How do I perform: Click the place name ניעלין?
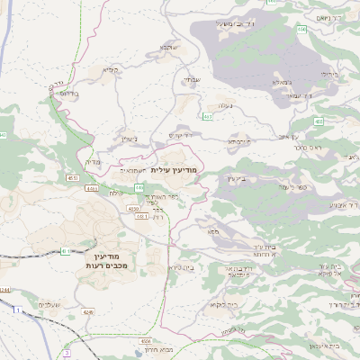coord(129,139)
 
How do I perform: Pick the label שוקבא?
coord(171,46)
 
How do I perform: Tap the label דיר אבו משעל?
coord(237,24)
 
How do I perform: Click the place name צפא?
coord(213,232)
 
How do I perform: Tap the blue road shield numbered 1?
coord(16,310)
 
